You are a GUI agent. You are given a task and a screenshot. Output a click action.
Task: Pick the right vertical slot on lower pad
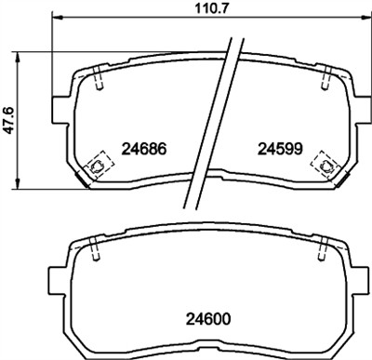tap(321, 248)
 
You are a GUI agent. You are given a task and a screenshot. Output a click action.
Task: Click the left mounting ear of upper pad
tap(61, 108)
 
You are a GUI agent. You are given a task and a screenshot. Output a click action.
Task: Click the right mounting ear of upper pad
tap(359, 108)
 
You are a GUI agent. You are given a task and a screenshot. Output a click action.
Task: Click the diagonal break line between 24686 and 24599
tap(210, 121)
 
